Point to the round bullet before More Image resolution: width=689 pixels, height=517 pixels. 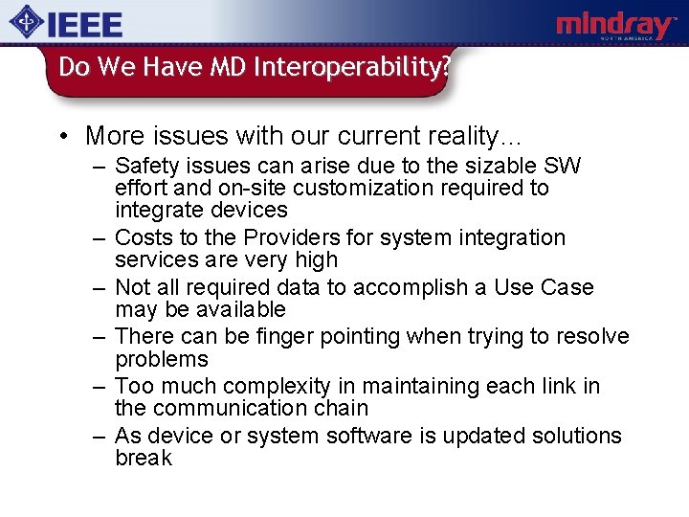tap(64, 136)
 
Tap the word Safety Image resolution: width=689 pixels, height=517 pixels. tap(146, 166)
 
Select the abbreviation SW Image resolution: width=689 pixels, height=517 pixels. tap(562, 166)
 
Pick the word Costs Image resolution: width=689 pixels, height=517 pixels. tap(143, 237)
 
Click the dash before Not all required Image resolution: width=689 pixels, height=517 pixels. tap(100, 287)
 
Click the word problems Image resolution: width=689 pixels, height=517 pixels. tap(161, 359)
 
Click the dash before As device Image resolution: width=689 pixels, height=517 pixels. tap(100, 436)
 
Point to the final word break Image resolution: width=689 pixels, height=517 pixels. tap(143, 458)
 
